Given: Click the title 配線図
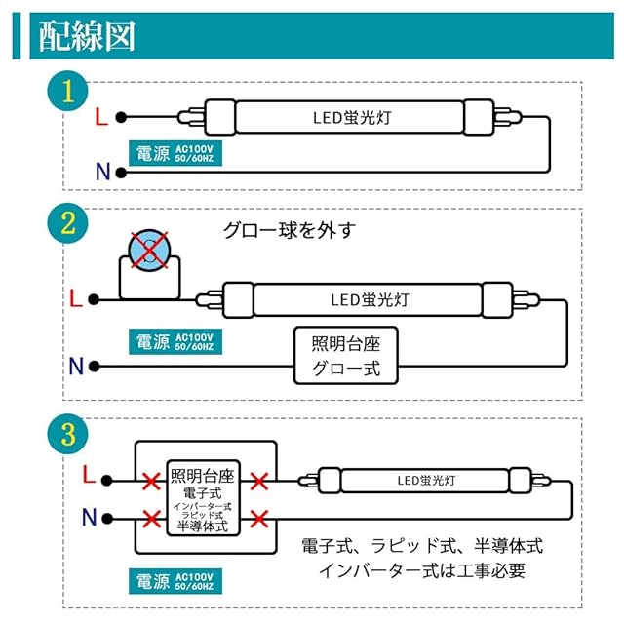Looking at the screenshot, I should point(87,35).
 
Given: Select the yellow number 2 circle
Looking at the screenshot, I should point(66,223).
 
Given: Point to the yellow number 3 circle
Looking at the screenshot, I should point(66,434).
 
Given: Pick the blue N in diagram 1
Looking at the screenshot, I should point(101,173).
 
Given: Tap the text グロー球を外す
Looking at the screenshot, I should point(290,230).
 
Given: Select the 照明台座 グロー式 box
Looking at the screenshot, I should point(346,356).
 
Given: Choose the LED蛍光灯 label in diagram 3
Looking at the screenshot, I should point(426,480).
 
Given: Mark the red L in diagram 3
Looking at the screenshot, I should point(89,475).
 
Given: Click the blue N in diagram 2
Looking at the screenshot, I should point(76,368).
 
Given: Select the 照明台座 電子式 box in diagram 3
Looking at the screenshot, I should point(203,499).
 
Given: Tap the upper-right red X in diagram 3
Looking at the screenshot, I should point(259,482).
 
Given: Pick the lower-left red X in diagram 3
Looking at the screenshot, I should point(150,518).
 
